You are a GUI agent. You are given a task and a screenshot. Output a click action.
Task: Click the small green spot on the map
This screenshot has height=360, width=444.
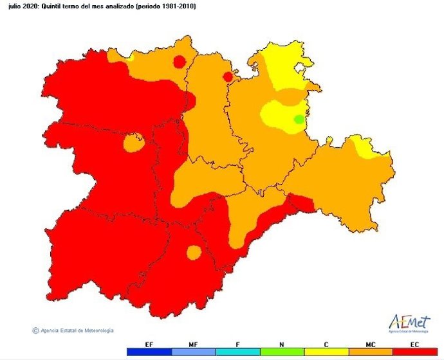click(x=299, y=119)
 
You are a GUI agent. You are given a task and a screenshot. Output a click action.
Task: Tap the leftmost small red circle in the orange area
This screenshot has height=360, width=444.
click(x=180, y=61)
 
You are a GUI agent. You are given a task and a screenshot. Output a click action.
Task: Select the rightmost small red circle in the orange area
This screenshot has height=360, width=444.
click(x=227, y=77)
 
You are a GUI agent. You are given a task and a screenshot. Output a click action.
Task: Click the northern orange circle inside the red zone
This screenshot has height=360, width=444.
click(x=133, y=142)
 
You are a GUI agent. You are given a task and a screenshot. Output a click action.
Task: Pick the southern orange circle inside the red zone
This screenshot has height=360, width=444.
click(x=194, y=252)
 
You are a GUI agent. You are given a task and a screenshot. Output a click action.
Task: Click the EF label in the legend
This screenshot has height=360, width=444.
click(x=150, y=345)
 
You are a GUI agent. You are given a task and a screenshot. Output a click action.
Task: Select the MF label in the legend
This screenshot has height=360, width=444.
click(x=193, y=345)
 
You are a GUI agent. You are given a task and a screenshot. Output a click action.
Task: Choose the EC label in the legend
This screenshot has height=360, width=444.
click(x=412, y=345)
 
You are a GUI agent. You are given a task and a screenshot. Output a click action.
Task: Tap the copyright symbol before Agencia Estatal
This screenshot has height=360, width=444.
click(x=35, y=330)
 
